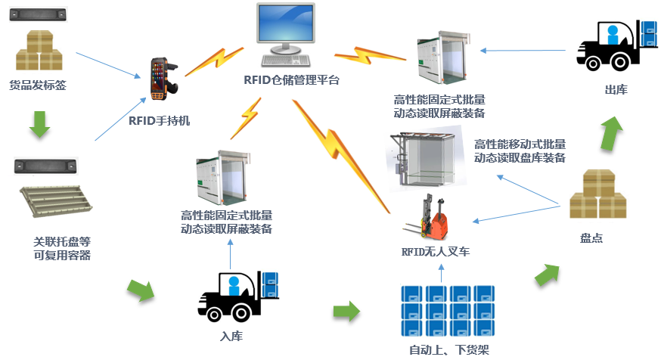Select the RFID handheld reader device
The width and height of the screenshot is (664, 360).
(x=161, y=78)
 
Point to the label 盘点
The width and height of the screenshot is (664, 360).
(x=591, y=238)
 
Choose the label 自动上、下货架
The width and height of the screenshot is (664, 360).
(x=449, y=349)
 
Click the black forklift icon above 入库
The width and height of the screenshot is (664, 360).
(x=237, y=295)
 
